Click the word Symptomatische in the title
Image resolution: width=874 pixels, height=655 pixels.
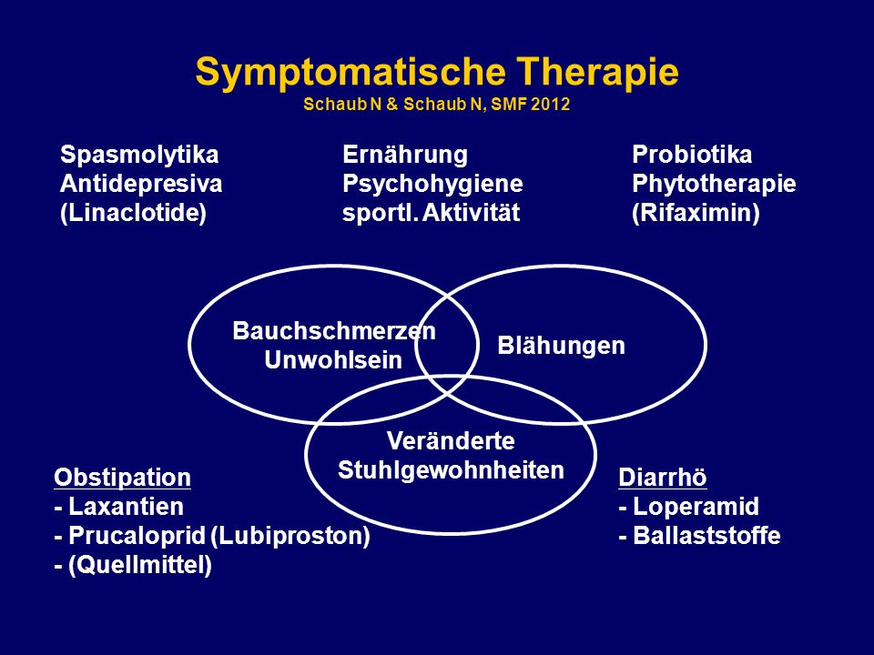[351, 73]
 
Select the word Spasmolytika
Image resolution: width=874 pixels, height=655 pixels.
[139, 156]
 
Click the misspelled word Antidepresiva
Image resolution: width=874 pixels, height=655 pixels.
[141, 184]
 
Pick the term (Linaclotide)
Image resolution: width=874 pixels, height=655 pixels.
[133, 213]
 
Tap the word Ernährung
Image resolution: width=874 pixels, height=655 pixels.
[405, 155]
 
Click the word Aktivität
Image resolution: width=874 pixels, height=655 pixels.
[471, 213]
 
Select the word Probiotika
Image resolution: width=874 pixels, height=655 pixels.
[692, 155]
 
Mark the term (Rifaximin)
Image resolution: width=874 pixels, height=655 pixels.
[696, 213]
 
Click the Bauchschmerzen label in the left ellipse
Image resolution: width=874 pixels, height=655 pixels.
[334, 331]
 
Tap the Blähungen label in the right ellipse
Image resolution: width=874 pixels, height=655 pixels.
[562, 346]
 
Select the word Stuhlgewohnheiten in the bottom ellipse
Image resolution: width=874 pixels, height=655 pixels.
[451, 470]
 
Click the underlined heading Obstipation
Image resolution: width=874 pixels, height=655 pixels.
[123, 478]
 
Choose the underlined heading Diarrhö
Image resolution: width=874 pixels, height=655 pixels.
[663, 478]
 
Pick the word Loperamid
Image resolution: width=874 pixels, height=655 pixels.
[696, 507]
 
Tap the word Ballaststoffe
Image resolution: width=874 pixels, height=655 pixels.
[706, 536]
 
